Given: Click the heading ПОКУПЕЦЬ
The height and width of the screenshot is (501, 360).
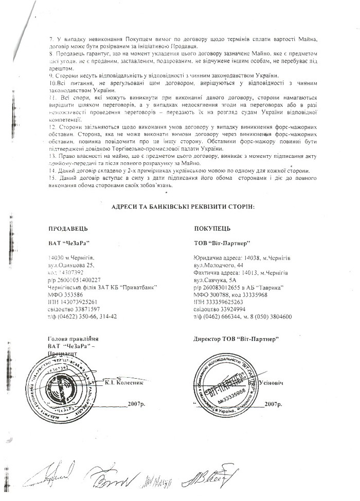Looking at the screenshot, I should [x=212, y=228].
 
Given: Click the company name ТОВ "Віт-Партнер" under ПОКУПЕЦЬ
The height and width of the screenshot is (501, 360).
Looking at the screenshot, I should [x=222, y=242].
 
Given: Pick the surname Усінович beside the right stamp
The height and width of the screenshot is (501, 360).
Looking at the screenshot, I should [x=267, y=383].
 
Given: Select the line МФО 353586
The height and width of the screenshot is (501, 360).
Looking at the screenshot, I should [x=65, y=295].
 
